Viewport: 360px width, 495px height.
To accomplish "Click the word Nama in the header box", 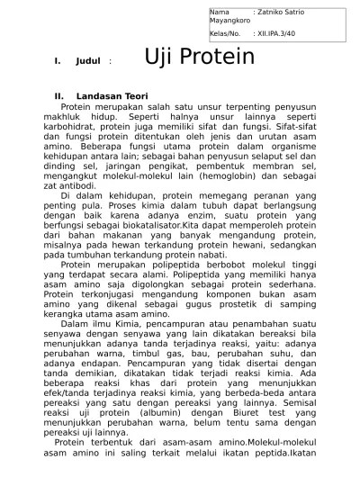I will pyautogui.click(x=219, y=12).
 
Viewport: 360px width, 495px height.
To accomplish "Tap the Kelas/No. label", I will pyautogui.click(x=226, y=32).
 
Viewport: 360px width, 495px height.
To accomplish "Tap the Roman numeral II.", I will pyautogui.click(x=59, y=95).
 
